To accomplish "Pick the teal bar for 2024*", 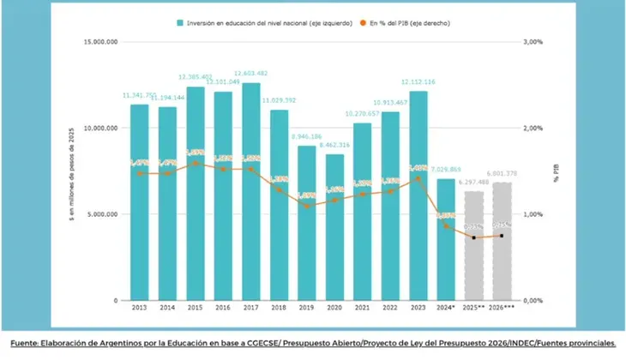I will coord(446,240).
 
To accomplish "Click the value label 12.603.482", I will coord(251,74).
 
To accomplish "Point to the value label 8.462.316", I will coord(334,146).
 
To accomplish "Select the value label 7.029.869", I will coord(446,170).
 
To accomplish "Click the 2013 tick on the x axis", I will coord(139,306).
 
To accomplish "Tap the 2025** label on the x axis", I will coord(473,306).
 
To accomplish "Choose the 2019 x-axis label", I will coord(307,306).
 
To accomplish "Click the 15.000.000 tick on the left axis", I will coord(101,41).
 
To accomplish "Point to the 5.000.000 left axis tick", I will coord(103,214).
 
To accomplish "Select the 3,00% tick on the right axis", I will coord(533,41).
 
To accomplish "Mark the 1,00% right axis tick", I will coord(533,214).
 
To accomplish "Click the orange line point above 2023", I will coord(418,178).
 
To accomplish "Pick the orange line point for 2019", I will coord(307,206).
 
